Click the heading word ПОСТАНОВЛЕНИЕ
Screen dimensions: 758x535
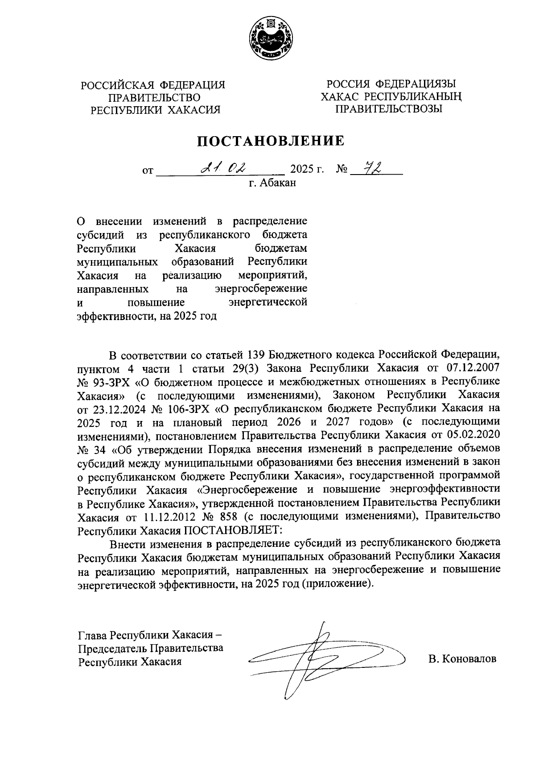pos(271,141)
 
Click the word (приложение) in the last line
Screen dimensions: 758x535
pos(337,584)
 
